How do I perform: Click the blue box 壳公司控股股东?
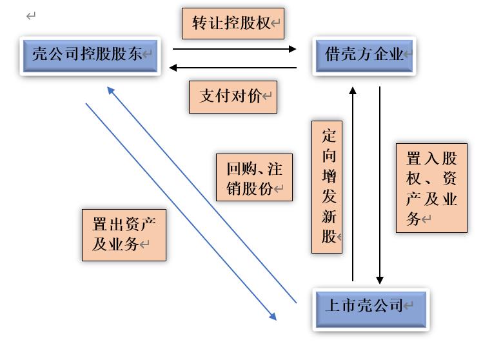point(90,55)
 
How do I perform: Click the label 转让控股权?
point(233,24)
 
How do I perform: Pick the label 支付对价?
point(233,97)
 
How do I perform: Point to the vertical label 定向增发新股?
point(327,186)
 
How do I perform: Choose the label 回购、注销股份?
point(254,177)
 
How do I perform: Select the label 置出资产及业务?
point(124,235)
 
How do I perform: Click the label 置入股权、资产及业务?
point(431,188)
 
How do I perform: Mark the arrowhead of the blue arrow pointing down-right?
point(273,316)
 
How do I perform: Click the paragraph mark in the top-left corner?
point(31,16)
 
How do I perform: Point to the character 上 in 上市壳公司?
point(332,305)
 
